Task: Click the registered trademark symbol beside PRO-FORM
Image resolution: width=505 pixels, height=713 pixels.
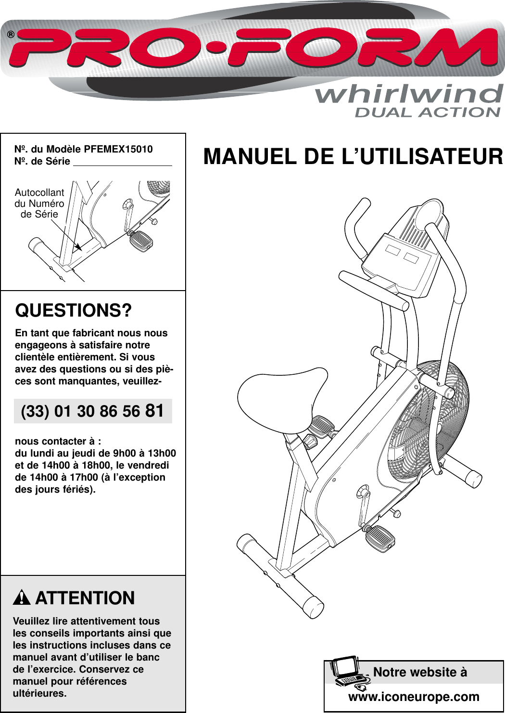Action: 11,35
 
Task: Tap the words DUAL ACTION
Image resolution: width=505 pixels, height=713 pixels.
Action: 428,113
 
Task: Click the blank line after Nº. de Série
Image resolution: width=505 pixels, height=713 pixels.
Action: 122,162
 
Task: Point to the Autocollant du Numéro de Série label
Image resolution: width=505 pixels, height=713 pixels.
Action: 39,204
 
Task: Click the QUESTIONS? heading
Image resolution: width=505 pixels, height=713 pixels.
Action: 73,310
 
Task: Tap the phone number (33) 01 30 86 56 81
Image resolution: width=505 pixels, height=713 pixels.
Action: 93,411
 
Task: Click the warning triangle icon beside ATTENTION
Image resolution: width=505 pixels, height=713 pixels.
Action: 22,598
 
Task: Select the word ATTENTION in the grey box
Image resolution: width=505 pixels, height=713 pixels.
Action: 85,598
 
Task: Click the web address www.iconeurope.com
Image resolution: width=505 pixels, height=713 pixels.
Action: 414,697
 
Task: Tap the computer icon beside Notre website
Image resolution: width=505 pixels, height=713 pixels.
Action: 347,672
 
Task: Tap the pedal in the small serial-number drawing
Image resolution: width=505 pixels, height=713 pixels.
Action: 141,240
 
